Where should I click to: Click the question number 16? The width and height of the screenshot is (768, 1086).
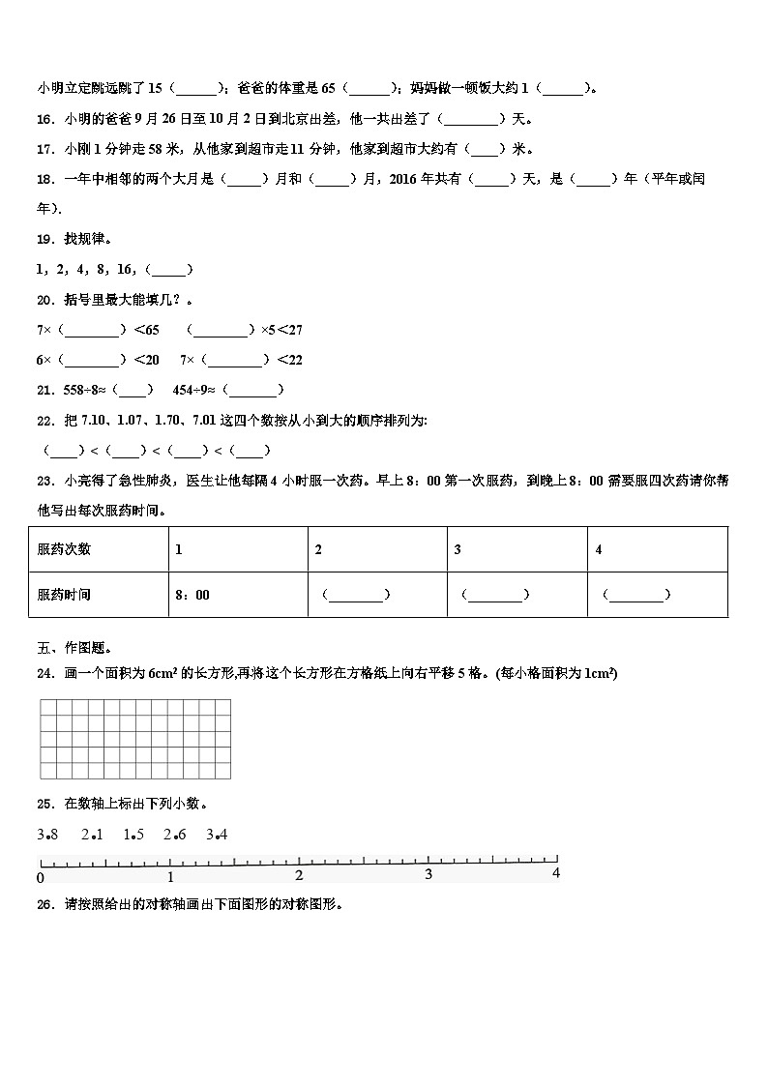click(44, 119)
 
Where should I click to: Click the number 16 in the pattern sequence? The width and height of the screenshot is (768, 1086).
click(125, 270)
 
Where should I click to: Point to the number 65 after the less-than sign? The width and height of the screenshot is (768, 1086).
click(152, 330)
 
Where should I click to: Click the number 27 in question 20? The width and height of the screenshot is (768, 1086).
click(294, 330)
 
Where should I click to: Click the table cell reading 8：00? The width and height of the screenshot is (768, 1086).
click(192, 595)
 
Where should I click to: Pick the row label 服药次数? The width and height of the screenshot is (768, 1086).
click(64, 549)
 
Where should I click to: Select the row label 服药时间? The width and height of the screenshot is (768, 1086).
click(64, 595)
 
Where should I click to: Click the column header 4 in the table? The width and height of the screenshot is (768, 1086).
click(599, 549)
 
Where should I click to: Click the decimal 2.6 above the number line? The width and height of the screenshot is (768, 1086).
click(174, 834)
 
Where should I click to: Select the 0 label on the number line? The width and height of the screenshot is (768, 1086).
click(40, 877)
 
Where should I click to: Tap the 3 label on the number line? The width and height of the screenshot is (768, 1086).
click(428, 875)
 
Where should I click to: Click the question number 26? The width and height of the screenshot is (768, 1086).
click(44, 905)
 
